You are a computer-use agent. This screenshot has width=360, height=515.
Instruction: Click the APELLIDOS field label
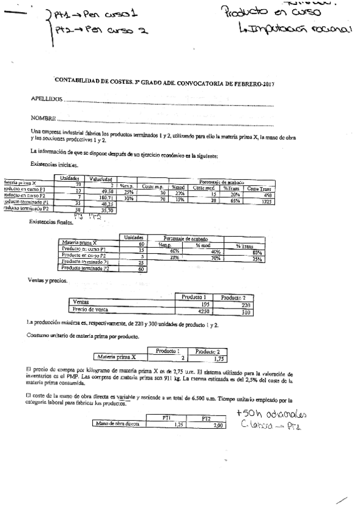(46, 99)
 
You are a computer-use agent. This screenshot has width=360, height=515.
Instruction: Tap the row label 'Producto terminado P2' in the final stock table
(86, 268)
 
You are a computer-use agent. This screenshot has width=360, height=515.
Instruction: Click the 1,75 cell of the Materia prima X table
(209, 358)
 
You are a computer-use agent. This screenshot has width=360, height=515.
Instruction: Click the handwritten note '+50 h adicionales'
(273, 415)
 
